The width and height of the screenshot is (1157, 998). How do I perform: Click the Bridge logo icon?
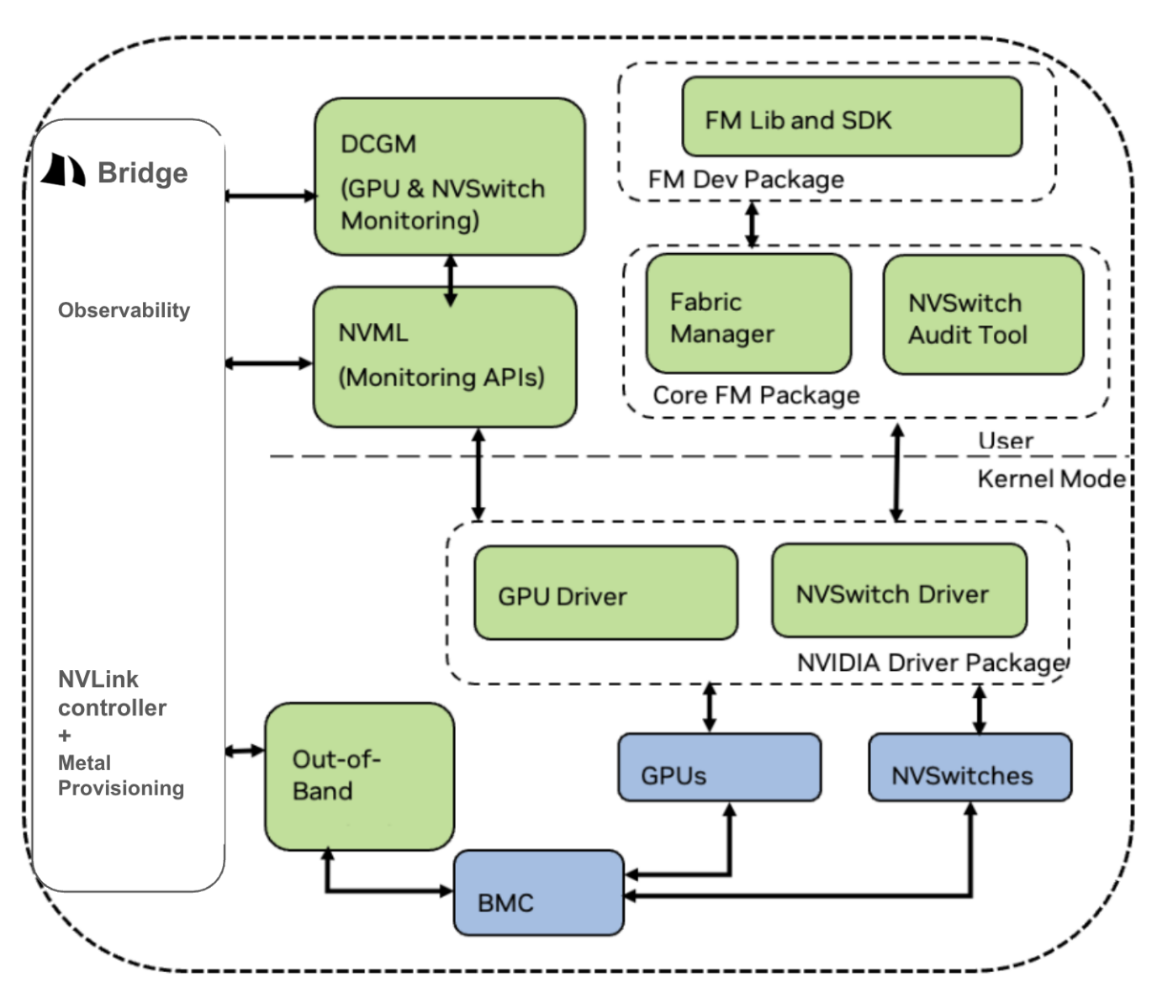pos(64,170)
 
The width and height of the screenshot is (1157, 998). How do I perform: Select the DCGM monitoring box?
pos(449,177)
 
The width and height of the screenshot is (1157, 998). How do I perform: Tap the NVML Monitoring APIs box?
pos(444,356)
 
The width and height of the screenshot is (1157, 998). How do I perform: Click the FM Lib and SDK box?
pos(851,117)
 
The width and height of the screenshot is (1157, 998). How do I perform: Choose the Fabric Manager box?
pos(748,314)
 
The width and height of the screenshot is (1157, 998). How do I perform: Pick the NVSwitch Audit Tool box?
pos(982,315)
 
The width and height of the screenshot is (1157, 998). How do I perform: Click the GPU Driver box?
pos(605,593)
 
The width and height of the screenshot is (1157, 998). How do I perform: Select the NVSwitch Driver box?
pos(898,590)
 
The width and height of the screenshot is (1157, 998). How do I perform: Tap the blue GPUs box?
pos(718,767)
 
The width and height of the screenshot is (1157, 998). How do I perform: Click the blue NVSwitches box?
pos(969,767)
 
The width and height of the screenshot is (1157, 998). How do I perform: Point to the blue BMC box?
pos(538,893)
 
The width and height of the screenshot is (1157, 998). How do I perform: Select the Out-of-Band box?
pos(359,776)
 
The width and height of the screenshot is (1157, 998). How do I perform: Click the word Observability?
pos(124,310)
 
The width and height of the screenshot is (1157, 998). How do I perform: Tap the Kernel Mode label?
pos(1050,478)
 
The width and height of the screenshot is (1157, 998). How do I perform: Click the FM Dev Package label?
pos(745,179)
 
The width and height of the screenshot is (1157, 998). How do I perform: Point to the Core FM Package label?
pos(755,395)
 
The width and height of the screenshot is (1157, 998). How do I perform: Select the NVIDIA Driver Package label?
pos(931,663)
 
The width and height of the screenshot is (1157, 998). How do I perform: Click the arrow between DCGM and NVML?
pos(451,280)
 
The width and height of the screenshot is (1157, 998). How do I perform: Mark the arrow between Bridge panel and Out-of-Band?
pos(245,750)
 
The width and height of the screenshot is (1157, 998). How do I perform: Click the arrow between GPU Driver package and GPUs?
pos(710,707)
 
